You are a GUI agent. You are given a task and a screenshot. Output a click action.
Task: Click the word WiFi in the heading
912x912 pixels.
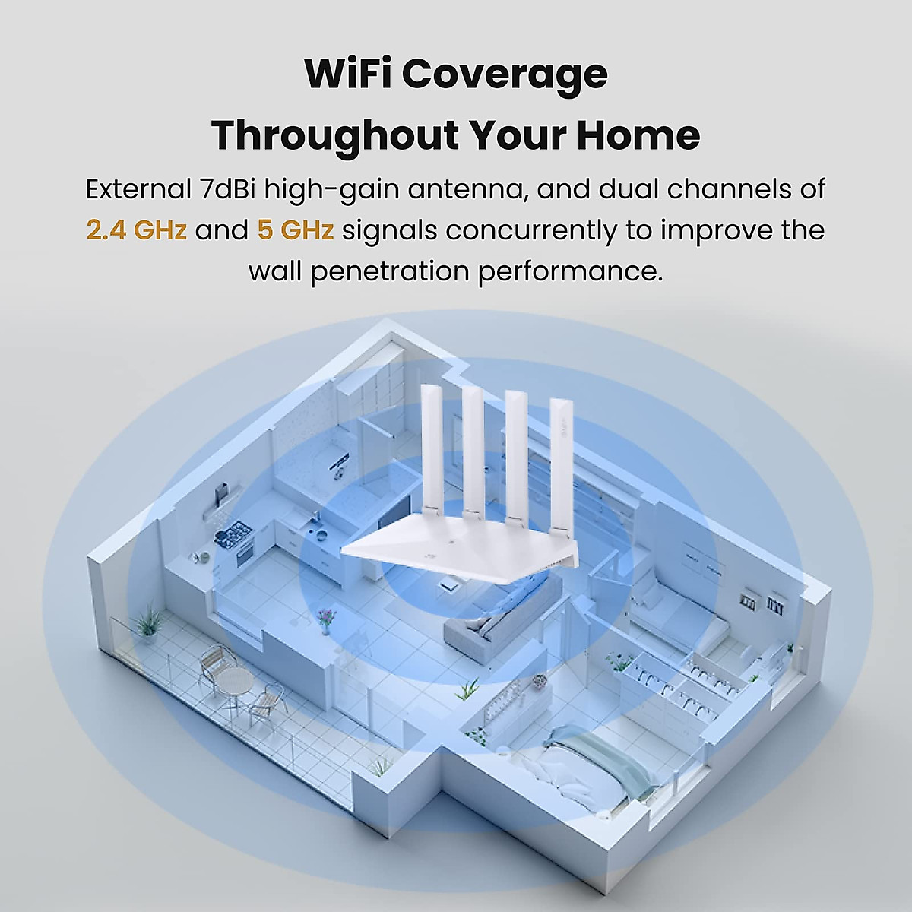click(349, 74)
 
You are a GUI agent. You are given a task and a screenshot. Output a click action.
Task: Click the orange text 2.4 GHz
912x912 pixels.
click(136, 230)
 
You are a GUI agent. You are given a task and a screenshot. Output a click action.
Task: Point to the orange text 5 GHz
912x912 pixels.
click(295, 230)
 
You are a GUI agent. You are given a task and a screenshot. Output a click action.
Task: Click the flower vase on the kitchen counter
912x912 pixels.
click(326, 619)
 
